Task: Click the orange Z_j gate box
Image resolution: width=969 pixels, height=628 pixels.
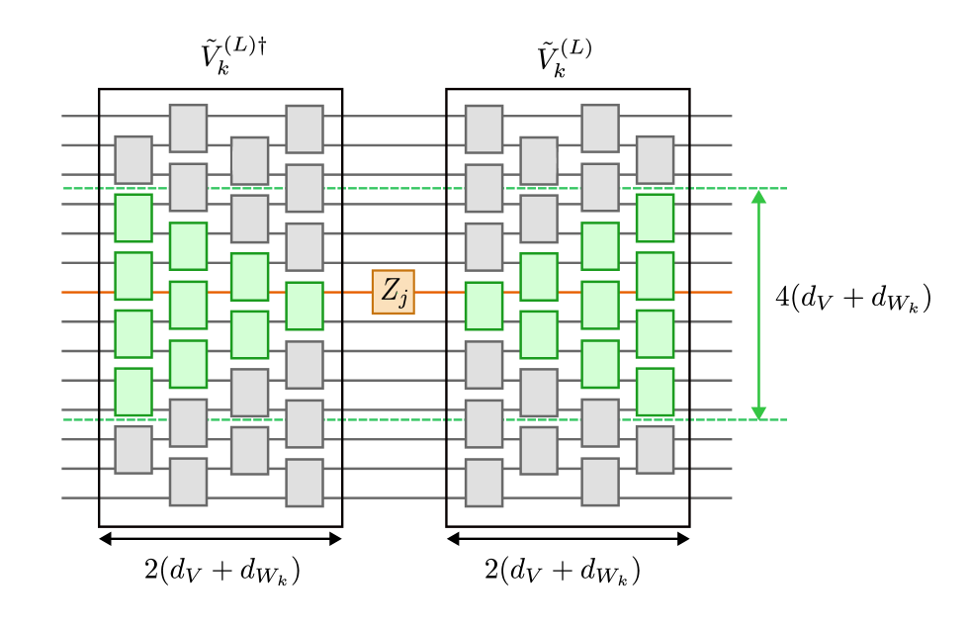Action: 393,292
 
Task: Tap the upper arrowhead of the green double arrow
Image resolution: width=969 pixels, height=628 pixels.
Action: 758,197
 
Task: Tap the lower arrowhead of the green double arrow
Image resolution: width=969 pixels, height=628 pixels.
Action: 758,412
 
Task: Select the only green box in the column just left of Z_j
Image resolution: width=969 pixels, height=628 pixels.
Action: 305,306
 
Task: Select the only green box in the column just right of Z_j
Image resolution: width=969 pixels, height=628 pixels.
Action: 484,306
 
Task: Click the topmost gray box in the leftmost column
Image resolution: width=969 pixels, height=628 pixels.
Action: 133,159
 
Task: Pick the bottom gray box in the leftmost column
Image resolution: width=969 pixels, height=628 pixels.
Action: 133,449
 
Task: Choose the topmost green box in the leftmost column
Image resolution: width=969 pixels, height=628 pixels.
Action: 133,218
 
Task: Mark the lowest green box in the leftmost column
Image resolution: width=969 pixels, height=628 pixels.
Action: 133,392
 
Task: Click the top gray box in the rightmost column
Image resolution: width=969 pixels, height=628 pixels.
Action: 655,159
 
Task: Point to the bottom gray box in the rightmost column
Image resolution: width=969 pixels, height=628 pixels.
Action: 655,449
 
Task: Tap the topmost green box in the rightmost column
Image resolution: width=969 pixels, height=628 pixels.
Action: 655,218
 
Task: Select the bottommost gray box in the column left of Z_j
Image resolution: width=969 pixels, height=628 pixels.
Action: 305,482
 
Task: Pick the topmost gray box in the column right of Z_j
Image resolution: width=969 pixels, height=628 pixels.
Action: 484,129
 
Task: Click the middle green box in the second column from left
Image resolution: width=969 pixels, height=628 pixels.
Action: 188,305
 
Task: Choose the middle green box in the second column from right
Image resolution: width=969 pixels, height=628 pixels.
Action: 600,305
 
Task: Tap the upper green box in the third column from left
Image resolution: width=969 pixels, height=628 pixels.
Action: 249,277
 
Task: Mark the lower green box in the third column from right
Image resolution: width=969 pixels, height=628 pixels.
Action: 539,334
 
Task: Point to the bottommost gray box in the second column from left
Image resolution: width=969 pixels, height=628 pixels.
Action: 188,481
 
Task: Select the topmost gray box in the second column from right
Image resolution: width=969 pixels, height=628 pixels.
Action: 600,128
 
